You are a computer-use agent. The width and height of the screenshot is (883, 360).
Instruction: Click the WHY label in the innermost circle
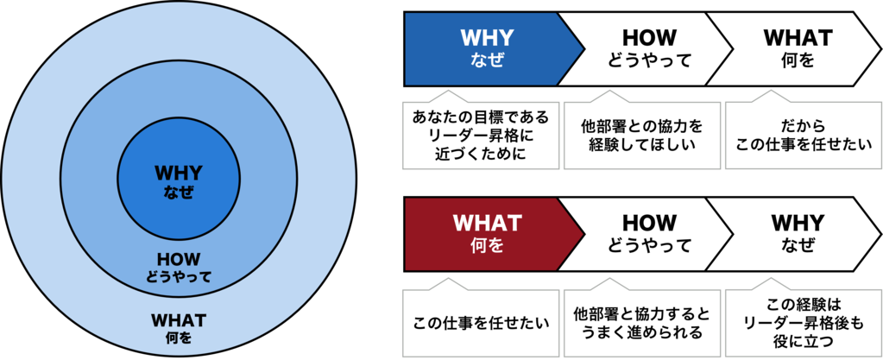(177, 173)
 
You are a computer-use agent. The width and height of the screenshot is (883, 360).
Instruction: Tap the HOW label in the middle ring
(178, 259)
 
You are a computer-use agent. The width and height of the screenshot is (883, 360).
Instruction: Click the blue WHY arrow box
(487, 48)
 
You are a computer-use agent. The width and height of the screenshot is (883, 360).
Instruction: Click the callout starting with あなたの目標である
(481, 135)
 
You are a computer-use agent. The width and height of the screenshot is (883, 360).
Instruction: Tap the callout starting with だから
(798, 135)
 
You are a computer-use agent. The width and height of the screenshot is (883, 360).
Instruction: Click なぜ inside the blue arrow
(487, 60)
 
